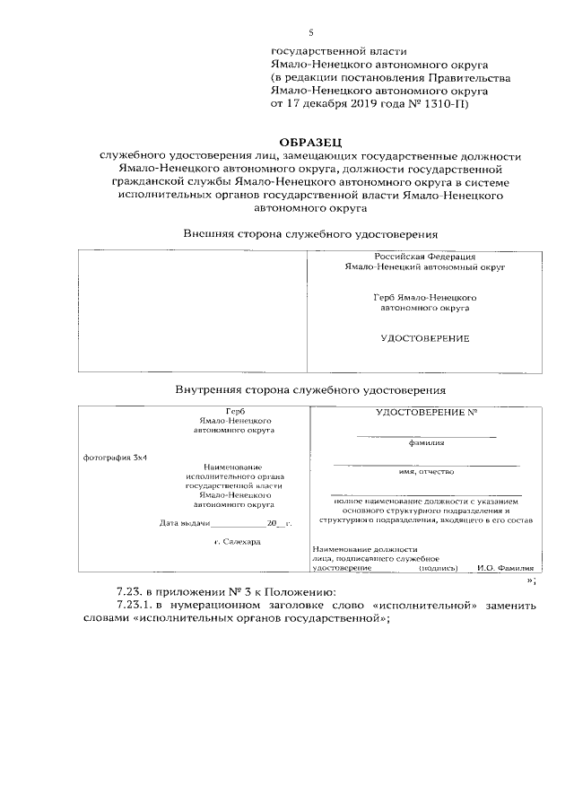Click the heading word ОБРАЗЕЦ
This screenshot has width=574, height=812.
point(310,142)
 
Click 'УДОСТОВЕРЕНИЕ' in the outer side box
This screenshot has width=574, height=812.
point(425,338)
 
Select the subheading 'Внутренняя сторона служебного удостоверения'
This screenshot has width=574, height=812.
point(310,390)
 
